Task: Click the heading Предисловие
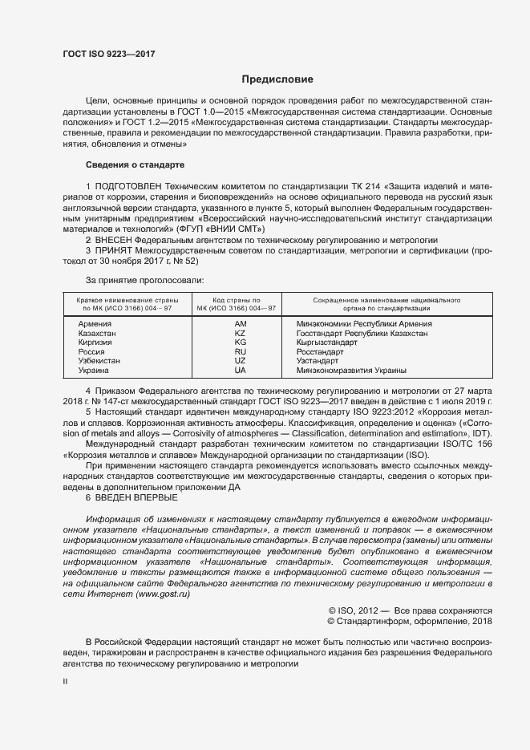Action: click(277, 79)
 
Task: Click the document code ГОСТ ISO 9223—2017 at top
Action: click(108, 54)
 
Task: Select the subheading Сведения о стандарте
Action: click(135, 164)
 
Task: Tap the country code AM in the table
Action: click(240, 323)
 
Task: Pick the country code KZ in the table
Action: click(240, 333)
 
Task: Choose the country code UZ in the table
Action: click(240, 362)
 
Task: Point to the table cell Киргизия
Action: click(95, 343)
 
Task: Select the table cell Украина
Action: click(94, 371)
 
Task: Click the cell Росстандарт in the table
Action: click(321, 352)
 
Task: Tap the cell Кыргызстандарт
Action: click(327, 343)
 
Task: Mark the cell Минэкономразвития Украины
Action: click(351, 371)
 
